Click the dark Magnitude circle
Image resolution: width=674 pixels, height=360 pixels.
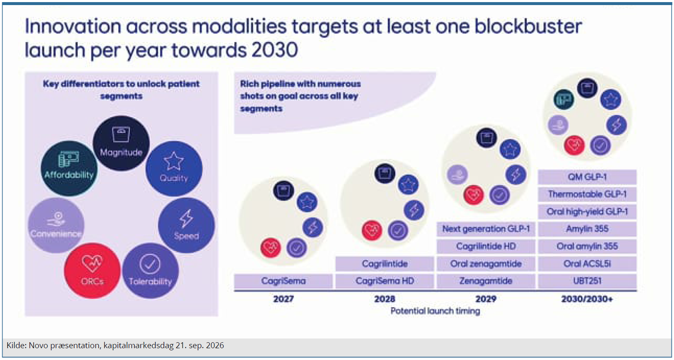pyautogui.click(x=121, y=143)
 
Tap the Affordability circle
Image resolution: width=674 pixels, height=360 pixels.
pyautogui.click(x=69, y=169)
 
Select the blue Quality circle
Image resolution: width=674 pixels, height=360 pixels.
pyautogui.click(x=174, y=169)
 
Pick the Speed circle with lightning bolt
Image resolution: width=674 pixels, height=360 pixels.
pyautogui.click(x=186, y=225)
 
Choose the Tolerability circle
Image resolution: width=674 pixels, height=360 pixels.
pyautogui.click(x=151, y=271)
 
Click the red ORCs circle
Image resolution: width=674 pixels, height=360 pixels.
pyautogui.click(x=92, y=271)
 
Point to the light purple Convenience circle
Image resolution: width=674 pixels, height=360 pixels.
pyautogui.click(x=56, y=225)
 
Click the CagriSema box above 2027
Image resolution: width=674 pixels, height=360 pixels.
pyautogui.click(x=283, y=281)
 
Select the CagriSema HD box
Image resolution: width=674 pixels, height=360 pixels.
pyautogui.click(x=385, y=281)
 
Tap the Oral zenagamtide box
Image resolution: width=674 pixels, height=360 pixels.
pyautogui.click(x=486, y=264)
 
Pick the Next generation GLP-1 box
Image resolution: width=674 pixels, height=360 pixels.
pyautogui.click(x=486, y=229)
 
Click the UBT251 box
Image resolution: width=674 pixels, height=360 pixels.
pyautogui.click(x=587, y=281)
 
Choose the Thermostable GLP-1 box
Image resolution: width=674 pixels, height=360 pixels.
pyautogui.click(x=587, y=194)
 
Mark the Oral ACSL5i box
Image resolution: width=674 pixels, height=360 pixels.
pyautogui.click(x=587, y=264)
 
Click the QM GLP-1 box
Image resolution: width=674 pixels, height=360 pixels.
pyautogui.click(x=587, y=177)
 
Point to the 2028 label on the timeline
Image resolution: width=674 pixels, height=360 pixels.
pyautogui.click(x=385, y=299)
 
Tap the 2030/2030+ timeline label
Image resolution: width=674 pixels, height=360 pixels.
pyautogui.click(x=587, y=299)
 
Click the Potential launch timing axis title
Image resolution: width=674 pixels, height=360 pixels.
pyautogui.click(x=435, y=311)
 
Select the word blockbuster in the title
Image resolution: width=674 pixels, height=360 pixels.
pyautogui.click(x=528, y=27)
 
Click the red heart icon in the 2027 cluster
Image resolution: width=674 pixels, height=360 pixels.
pyautogui.click(x=270, y=247)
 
